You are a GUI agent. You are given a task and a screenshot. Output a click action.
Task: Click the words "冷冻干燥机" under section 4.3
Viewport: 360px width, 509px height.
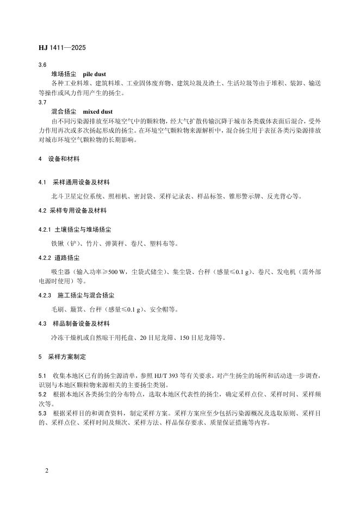[63, 337]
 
